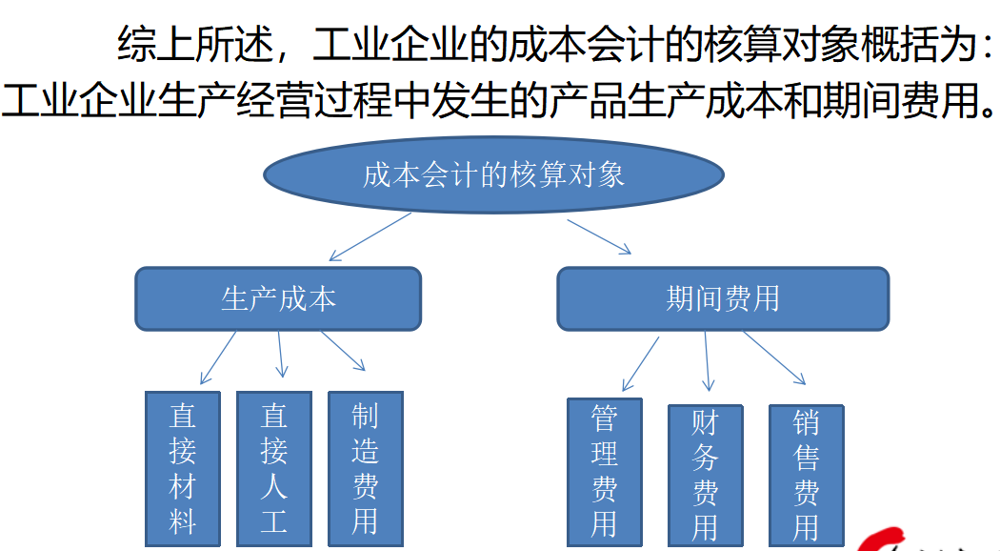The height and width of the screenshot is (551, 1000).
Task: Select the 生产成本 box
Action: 278,299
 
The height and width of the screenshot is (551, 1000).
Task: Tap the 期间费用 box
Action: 722,299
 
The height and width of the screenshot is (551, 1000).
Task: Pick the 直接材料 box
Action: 182,468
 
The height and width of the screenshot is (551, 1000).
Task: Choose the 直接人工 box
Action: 273,468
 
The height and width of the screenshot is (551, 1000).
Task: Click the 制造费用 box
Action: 365,468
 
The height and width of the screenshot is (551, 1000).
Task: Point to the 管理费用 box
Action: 604,471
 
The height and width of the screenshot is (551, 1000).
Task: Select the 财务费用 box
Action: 705,475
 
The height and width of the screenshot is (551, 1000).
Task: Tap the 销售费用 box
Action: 806,475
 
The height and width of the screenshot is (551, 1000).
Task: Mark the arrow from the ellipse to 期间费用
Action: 599,236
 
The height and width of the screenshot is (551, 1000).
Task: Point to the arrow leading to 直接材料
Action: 218,357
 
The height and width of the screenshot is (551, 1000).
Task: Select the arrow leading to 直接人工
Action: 279,354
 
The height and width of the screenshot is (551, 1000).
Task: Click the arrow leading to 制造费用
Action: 344,351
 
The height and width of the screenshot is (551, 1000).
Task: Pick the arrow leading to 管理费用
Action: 640,363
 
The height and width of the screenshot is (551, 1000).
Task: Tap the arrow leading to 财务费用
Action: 707,362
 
